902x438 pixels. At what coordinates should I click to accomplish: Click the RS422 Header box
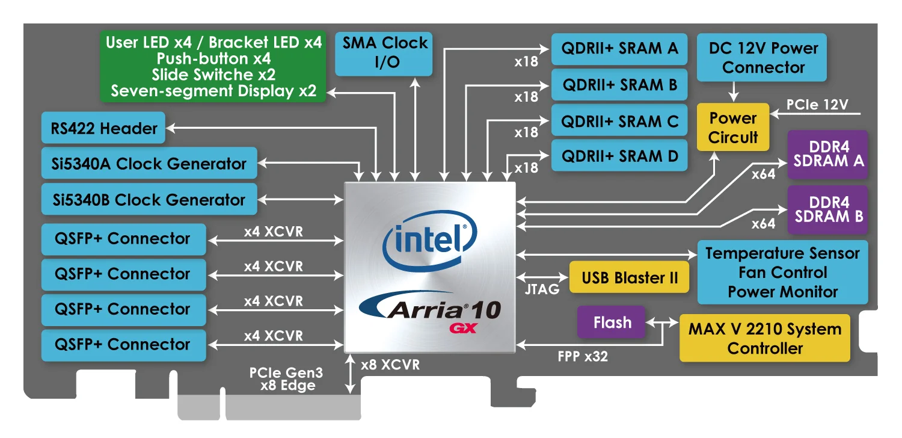(x=103, y=128)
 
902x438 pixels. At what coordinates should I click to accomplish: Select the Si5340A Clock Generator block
(x=149, y=164)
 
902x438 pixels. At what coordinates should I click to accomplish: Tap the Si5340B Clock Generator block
(x=149, y=199)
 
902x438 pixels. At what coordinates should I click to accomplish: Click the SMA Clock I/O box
(x=384, y=53)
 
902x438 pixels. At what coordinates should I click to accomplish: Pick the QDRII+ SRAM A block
(x=619, y=49)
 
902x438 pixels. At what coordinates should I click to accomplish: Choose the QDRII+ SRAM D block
(x=619, y=156)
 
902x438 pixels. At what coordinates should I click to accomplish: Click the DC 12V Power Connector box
(x=762, y=57)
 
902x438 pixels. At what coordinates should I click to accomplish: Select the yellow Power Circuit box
(x=732, y=128)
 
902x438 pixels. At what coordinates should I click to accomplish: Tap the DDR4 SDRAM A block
(x=828, y=154)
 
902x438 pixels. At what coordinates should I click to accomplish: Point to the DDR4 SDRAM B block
(x=828, y=209)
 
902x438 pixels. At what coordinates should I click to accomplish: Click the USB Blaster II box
(x=629, y=278)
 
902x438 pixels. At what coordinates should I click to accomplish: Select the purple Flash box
(x=612, y=322)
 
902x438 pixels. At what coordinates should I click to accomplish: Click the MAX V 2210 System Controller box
(x=764, y=338)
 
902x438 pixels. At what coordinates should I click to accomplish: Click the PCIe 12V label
(x=817, y=105)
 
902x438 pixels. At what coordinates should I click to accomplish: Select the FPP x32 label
(x=583, y=356)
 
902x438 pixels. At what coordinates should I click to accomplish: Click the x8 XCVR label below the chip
(x=390, y=365)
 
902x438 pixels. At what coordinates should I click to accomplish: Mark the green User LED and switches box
(x=213, y=66)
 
